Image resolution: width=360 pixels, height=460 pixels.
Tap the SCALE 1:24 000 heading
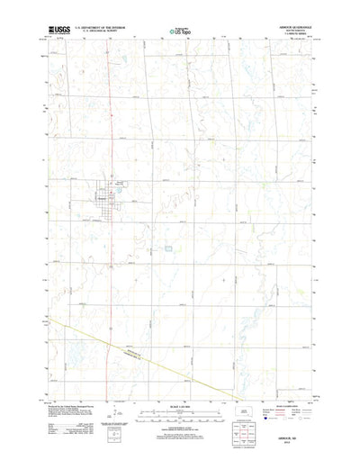coord(179,396)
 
